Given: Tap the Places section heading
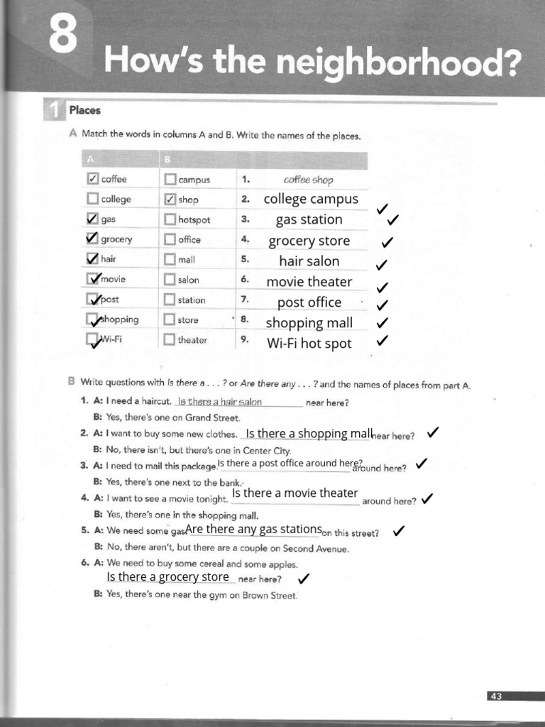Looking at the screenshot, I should [85, 110].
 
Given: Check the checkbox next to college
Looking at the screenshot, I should [92, 199].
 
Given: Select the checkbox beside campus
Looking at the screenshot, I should [170, 180].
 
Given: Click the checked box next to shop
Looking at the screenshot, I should [170, 199].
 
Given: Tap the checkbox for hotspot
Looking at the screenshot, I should [170, 219].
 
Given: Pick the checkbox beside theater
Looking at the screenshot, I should [170, 339].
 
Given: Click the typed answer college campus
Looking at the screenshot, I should [311, 199].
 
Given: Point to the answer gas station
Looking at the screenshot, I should [309, 219].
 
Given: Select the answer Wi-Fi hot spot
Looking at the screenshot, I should [309, 344].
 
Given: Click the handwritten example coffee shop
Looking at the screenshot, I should [308, 180].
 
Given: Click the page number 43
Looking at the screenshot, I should [495, 696].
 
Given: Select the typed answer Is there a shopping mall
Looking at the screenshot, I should [309, 433].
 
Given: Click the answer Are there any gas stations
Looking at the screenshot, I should [253, 529].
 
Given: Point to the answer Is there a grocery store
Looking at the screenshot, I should [168, 576].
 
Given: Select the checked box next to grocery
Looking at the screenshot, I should [92, 239].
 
